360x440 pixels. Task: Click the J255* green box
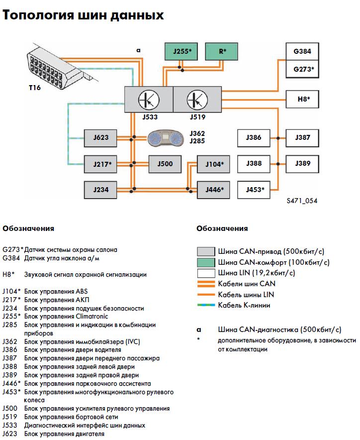point(181,51)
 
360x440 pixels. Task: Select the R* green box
point(222,51)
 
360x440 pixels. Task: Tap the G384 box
point(302,51)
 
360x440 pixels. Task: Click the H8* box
point(302,99)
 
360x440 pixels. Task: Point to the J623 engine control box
point(100,137)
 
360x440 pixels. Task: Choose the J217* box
point(100,163)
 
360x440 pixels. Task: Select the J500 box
point(165,163)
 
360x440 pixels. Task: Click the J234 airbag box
point(100,189)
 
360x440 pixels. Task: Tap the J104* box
point(214,163)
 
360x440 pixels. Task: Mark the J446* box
point(214,189)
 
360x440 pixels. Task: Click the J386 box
point(254,137)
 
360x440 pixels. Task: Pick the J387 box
point(302,137)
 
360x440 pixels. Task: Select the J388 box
point(254,163)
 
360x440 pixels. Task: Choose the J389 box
point(302,163)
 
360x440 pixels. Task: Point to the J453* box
point(254,189)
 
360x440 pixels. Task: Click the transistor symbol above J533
point(148,100)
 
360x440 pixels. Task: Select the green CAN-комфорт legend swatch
point(206,262)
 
